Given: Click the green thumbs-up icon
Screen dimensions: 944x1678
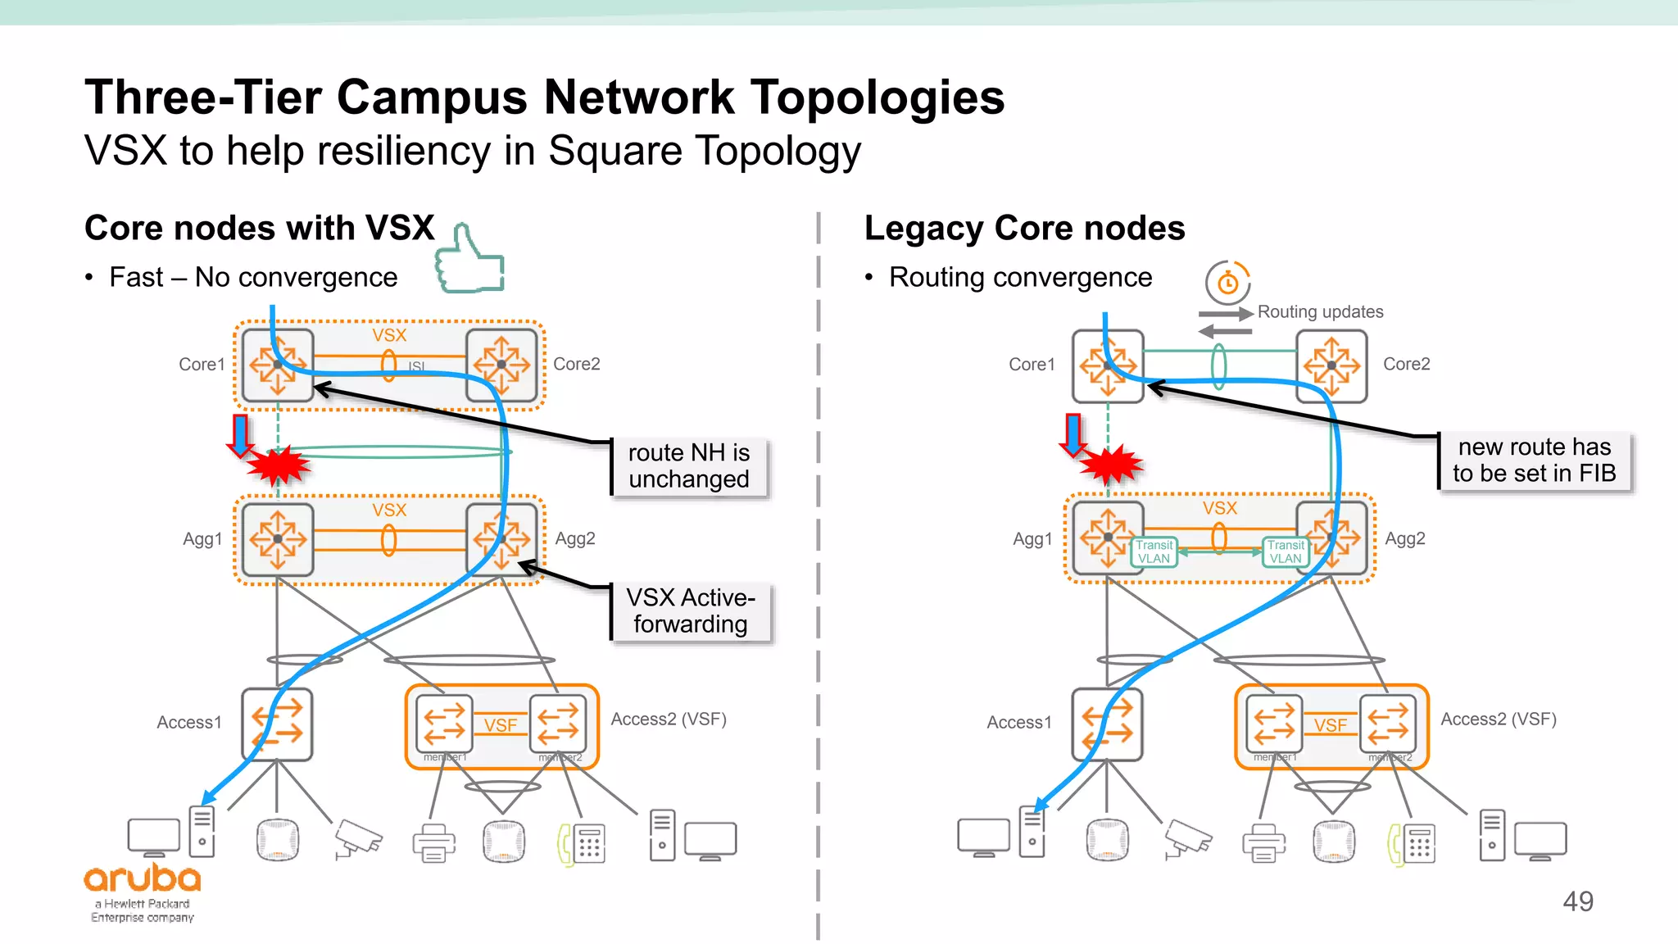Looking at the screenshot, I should pyautogui.click(x=469, y=261).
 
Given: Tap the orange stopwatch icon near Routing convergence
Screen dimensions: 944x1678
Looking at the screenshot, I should pyautogui.click(x=1227, y=283).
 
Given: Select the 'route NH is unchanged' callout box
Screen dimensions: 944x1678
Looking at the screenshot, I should pyautogui.click(x=689, y=466).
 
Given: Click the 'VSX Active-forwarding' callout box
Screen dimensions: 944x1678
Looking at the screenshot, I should pyautogui.click(x=690, y=611).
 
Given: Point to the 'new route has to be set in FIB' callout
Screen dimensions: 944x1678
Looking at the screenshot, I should pyautogui.click(x=1534, y=461).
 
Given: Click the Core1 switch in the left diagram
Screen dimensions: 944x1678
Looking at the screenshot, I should pyautogui.click(x=278, y=365).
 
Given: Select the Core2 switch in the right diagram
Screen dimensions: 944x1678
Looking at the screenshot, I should pyautogui.click(x=1331, y=365).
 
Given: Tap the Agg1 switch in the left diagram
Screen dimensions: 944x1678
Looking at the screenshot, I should pyautogui.click(x=278, y=539).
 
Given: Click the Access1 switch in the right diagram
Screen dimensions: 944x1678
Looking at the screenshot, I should pyautogui.click(x=1107, y=724).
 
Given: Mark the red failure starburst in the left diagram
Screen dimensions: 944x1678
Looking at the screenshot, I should pyautogui.click(x=279, y=465).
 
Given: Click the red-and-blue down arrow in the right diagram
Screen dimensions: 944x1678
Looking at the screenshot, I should pyautogui.click(x=1073, y=433).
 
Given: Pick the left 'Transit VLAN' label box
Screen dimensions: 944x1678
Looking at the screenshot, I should pyautogui.click(x=1154, y=552).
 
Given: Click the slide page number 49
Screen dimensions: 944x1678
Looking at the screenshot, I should pyautogui.click(x=1577, y=901).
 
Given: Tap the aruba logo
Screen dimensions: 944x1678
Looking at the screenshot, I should pyautogui.click(x=143, y=880).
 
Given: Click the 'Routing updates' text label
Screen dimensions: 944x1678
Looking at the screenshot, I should pyautogui.click(x=1320, y=312).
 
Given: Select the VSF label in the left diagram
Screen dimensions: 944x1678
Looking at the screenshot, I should pyautogui.click(x=500, y=725).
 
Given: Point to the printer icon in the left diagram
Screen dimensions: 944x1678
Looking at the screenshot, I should pyautogui.click(x=434, y=842).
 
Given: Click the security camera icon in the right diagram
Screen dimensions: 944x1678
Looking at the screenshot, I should pyautogui.click(x=1188, y=839).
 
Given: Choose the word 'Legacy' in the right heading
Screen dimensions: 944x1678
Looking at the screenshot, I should pyautogui.click(x=923, y=229).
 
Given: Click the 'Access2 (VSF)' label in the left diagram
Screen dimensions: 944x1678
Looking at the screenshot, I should pyautogui.click(x=669, y=719).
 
